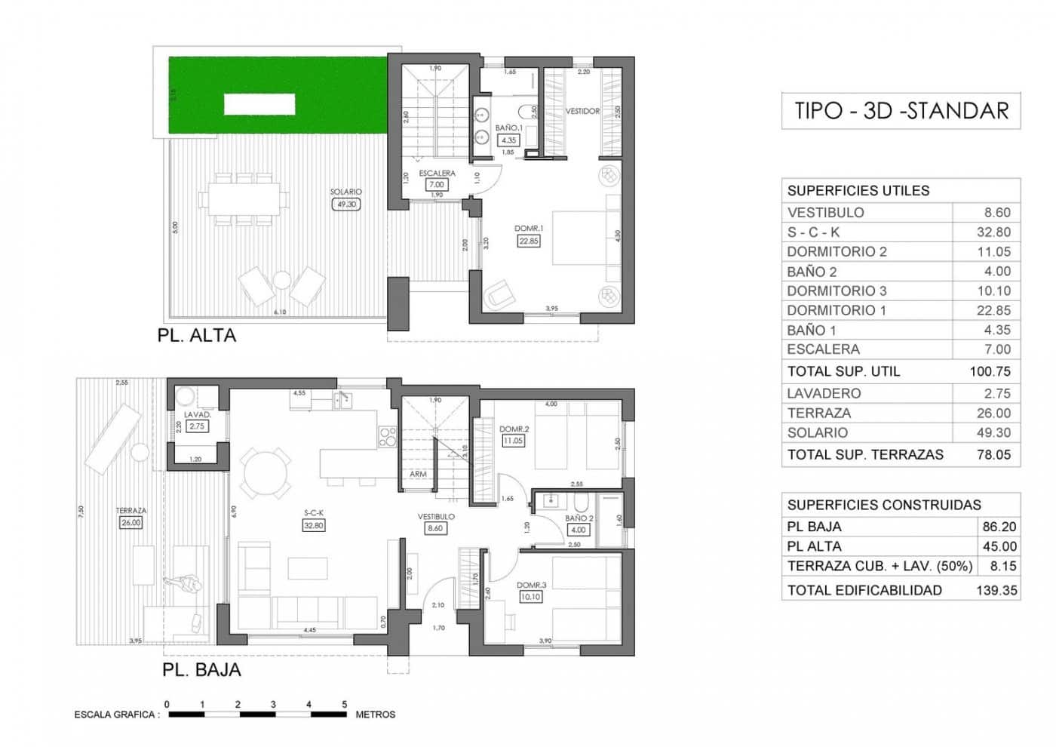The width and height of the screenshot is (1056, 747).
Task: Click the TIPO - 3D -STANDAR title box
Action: click(x=901, y=111)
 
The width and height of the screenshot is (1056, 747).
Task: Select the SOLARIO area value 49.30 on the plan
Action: click(x=346, y=204)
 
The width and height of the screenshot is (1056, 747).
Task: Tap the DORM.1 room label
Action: click(x=529, y=228)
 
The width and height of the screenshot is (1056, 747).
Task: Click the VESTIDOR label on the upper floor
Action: click(x=582, y=111)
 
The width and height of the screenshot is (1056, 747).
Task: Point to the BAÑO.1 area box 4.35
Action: click(x=509, y=140)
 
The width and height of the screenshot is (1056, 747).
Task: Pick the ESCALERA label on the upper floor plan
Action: click(x=437, y=173)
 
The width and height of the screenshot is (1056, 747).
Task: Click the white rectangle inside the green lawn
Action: click(x=259, y=104)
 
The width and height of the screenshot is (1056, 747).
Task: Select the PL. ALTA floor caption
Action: click(x=197, y=336)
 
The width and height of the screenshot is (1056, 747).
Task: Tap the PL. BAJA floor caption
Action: click(x=201, y=669)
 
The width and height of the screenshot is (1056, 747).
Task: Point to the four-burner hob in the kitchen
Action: click(x=387, y=436)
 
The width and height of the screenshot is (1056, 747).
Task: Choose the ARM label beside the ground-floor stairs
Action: click(x=418, y=474)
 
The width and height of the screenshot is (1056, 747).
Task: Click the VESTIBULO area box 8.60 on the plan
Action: click(x=435, y=529)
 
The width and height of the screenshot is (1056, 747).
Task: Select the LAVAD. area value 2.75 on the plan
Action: click(x=196, y=426)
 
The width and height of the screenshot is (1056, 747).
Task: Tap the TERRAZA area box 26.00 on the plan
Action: click(x=130, y=522)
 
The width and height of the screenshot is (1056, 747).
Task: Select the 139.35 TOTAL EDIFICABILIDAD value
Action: click(x=996, y=590)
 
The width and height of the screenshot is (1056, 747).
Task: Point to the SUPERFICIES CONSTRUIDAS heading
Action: click(x=884, y=505)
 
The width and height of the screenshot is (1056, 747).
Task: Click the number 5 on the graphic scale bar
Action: click(x=345, y=704)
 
